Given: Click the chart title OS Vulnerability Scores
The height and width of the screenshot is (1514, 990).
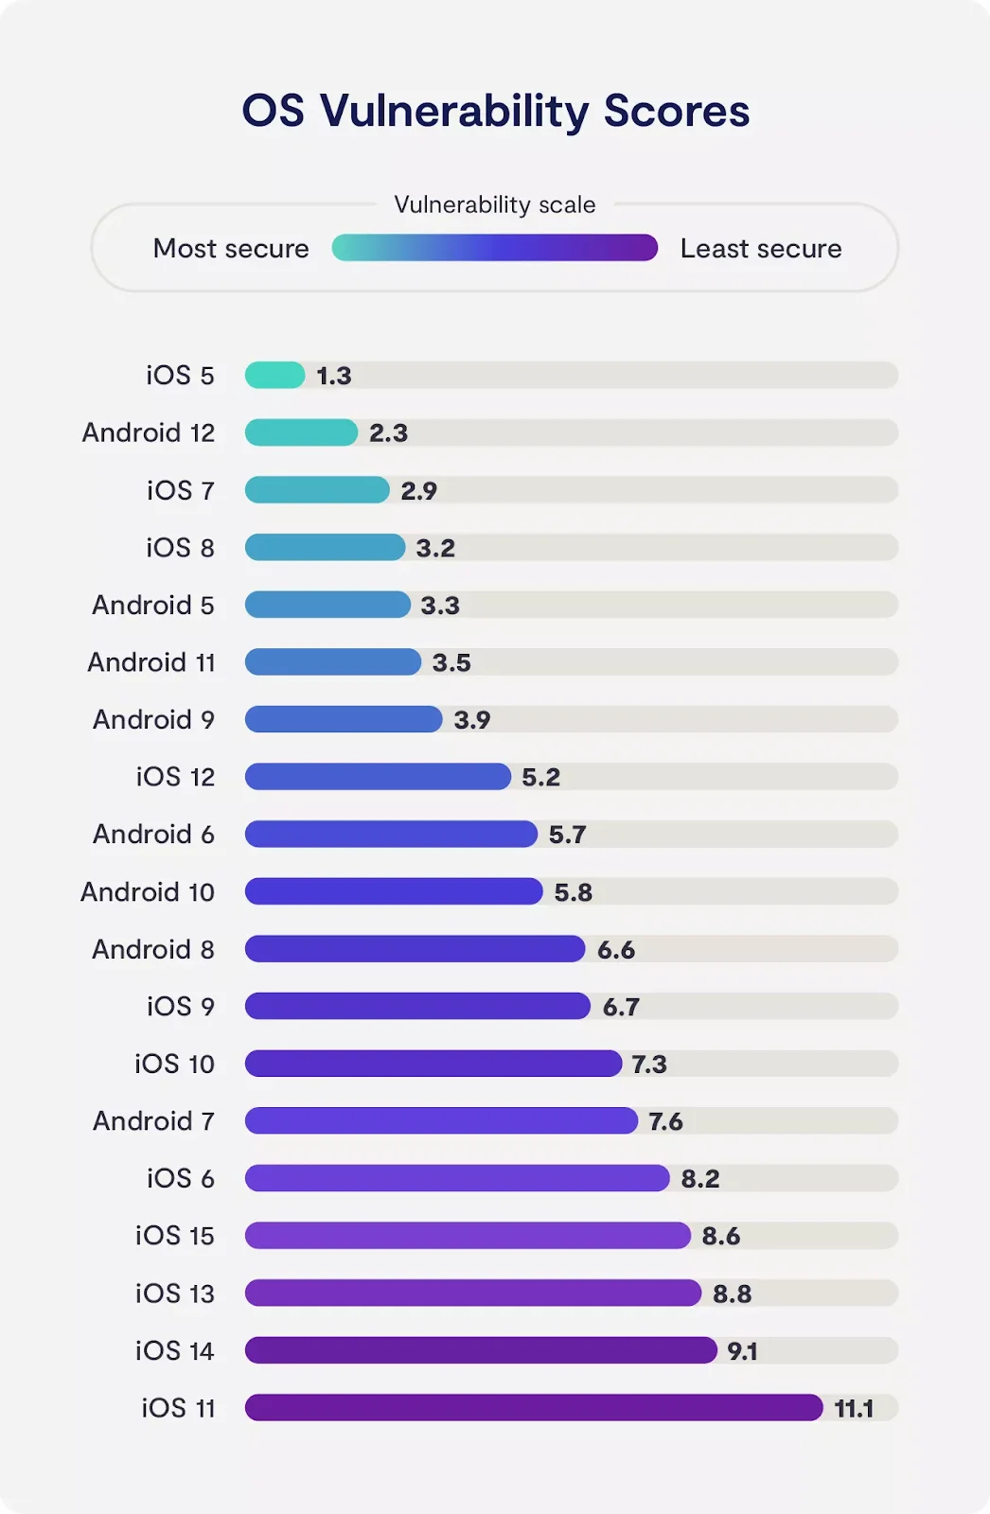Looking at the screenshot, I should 495,111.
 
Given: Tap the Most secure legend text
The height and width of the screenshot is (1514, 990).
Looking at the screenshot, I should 231,249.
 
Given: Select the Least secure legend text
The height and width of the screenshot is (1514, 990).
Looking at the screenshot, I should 761,249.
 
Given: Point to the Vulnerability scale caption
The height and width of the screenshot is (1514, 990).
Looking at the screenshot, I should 495,204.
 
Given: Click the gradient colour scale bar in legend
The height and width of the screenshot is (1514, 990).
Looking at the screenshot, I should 494,248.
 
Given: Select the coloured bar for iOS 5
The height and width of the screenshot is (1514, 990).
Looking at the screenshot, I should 274,376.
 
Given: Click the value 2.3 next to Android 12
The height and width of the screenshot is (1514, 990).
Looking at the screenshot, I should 388,433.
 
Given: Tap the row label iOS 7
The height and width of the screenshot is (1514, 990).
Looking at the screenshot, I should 180,490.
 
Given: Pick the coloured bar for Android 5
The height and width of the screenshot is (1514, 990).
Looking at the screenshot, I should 327,605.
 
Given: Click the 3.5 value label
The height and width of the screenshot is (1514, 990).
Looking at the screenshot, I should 451,662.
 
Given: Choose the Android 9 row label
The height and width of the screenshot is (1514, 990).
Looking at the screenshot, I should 153,720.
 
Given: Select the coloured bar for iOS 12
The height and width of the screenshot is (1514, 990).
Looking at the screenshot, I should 378,777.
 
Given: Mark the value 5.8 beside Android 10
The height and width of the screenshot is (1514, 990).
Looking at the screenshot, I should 574,892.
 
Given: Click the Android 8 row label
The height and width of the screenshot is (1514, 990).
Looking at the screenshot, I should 153,949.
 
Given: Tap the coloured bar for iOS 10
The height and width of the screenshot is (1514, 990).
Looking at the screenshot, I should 433,1064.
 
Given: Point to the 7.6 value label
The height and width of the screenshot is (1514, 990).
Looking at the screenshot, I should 665,1121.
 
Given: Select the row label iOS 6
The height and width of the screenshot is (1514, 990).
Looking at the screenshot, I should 180,1178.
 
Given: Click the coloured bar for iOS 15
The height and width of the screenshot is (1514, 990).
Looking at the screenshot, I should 468,1236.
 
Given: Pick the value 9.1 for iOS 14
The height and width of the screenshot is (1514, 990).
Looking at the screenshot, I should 742,1351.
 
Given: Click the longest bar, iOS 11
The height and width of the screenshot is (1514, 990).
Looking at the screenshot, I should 534,1408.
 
